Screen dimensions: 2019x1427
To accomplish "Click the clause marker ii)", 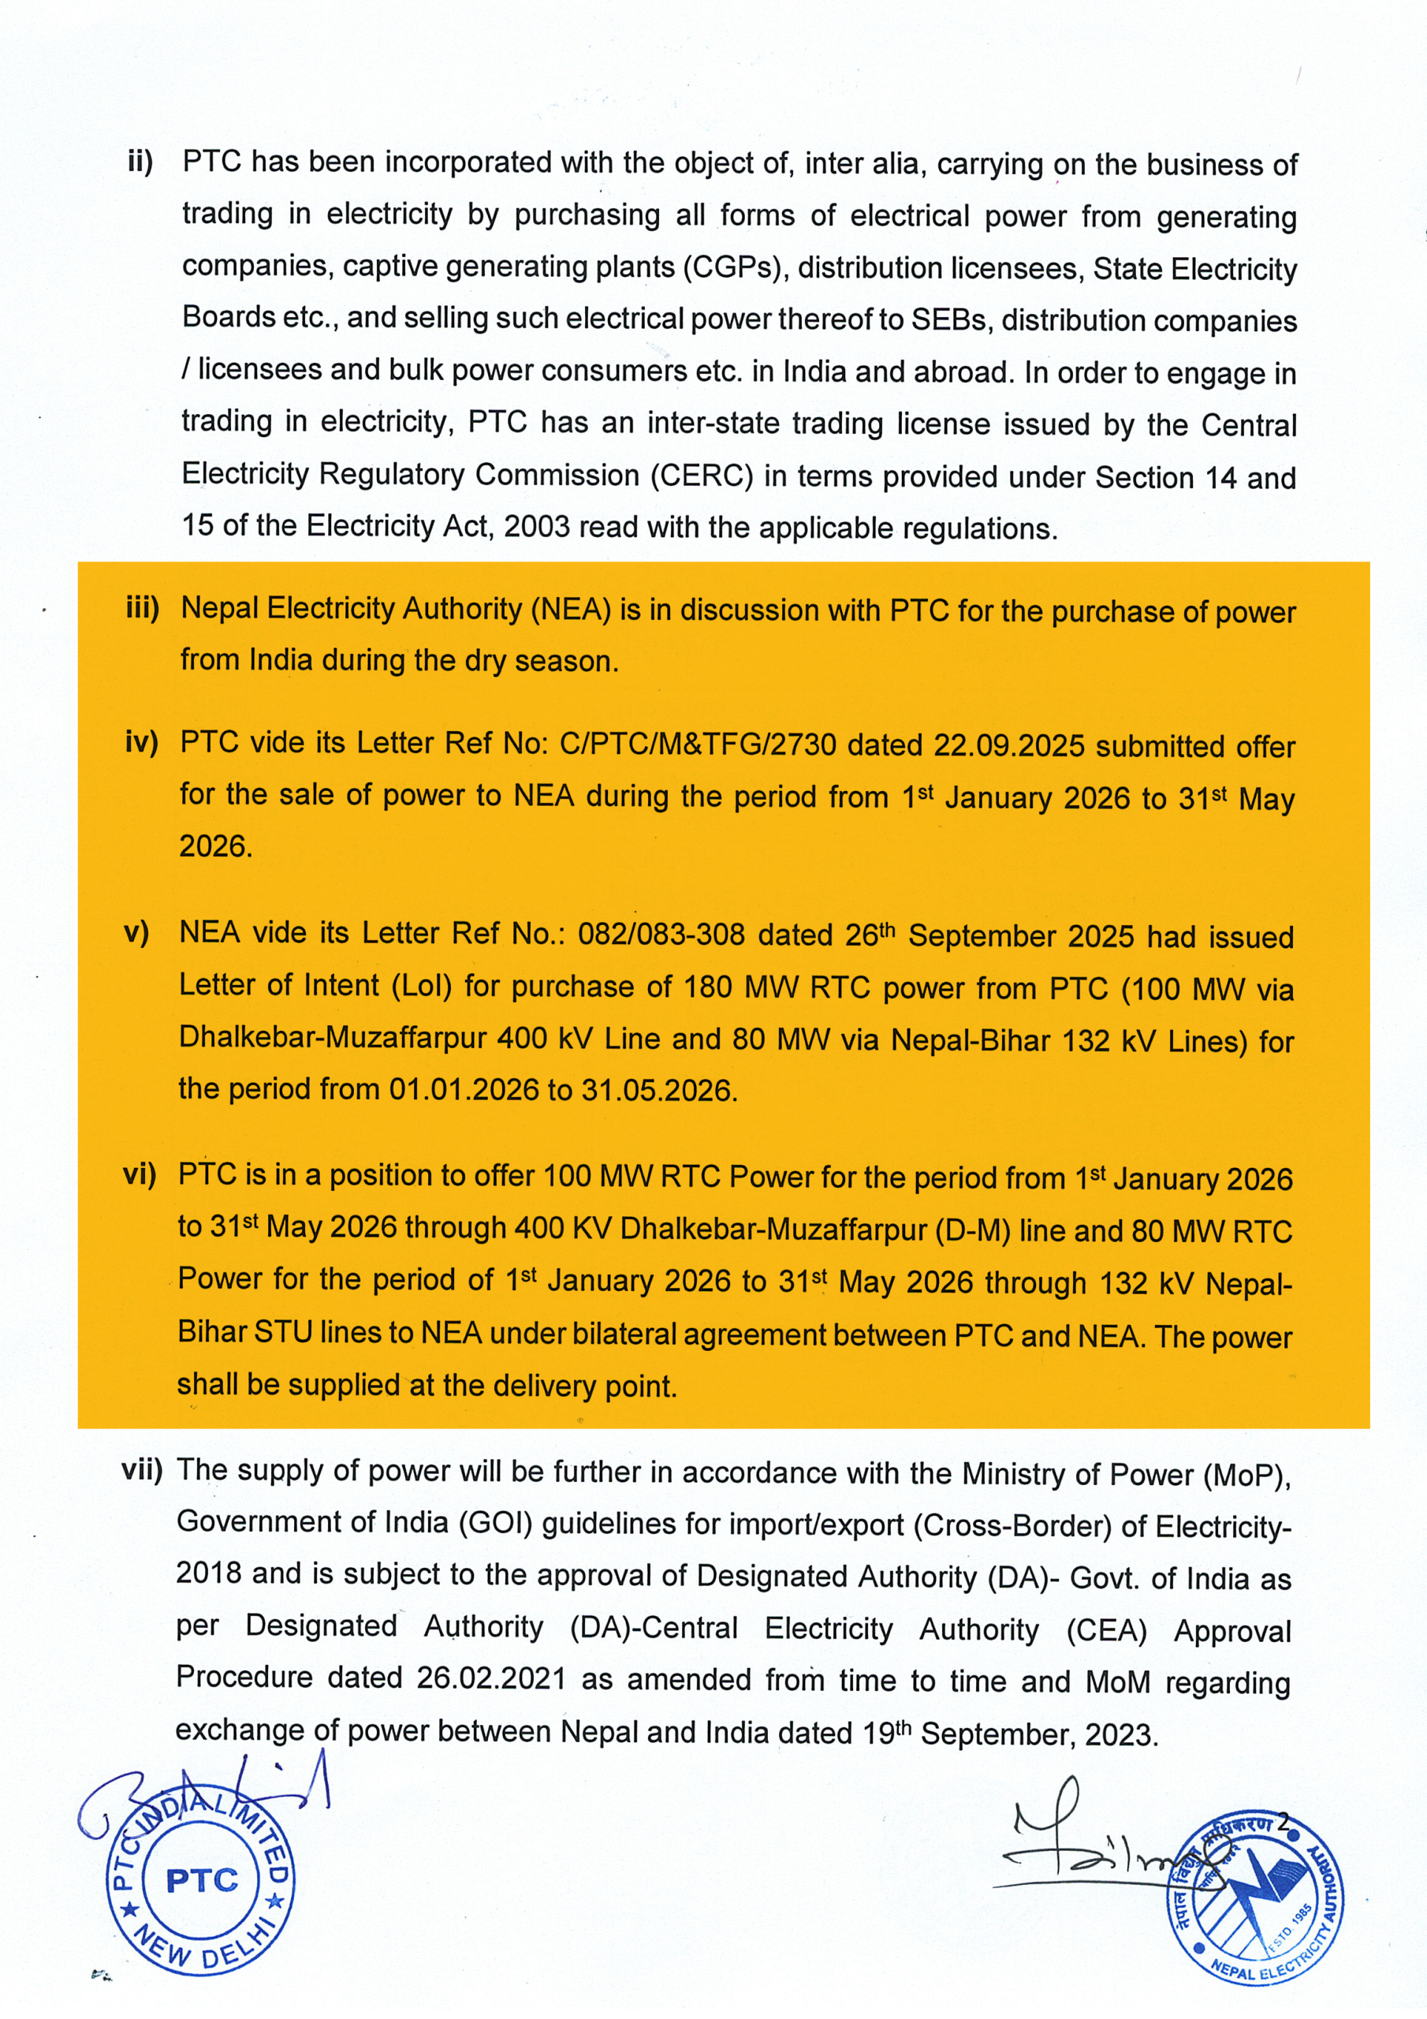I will point(140,162).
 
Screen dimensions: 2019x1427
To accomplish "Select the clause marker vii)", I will point(142,1469).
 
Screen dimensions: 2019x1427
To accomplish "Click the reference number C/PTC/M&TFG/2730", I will point(698,745).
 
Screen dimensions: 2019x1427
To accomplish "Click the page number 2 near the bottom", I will point(1284,1821).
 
